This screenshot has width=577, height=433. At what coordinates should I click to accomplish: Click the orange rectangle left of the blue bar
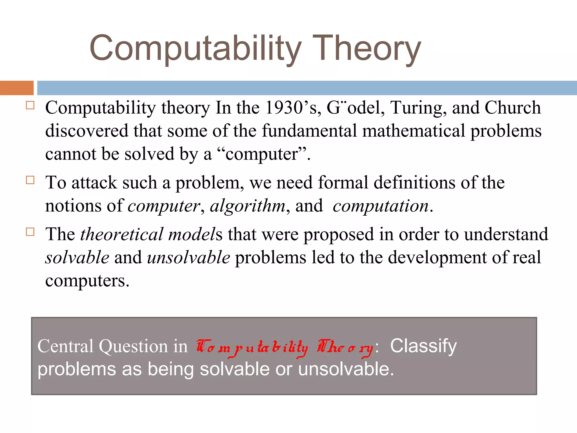pyautogui.click(x=17, y=88)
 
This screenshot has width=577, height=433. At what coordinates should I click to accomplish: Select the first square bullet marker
pyautogui.click(x=30, y=105)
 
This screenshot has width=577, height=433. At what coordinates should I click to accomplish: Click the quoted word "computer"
pyautogui.click(x=262, y=154)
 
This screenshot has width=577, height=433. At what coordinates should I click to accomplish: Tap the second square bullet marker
pyautogui.click(x=30, y=180)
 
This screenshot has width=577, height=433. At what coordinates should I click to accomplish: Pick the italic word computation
pyautogui.click(x=380, y=206)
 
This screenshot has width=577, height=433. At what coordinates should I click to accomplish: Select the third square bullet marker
pyautogui.click(x=30, y=232)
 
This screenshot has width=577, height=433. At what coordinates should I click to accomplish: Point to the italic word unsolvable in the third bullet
pyautogui.click(x=188, y=258)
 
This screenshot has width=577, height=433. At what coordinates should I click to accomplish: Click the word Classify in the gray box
pyautogui.click(x=423, y=346)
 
